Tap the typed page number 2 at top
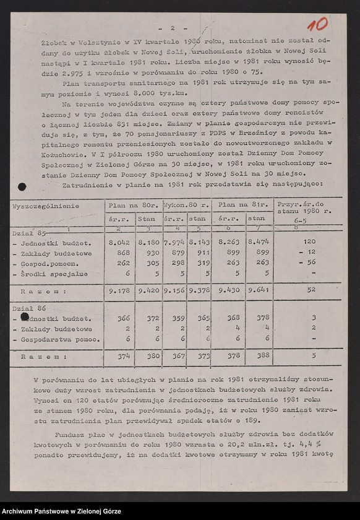173,28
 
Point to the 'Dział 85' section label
29,233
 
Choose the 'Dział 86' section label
29,307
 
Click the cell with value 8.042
118,243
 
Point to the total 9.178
118,289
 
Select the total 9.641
258,289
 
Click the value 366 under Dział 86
123,318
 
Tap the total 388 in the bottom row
263,356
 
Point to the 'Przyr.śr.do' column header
301,204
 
